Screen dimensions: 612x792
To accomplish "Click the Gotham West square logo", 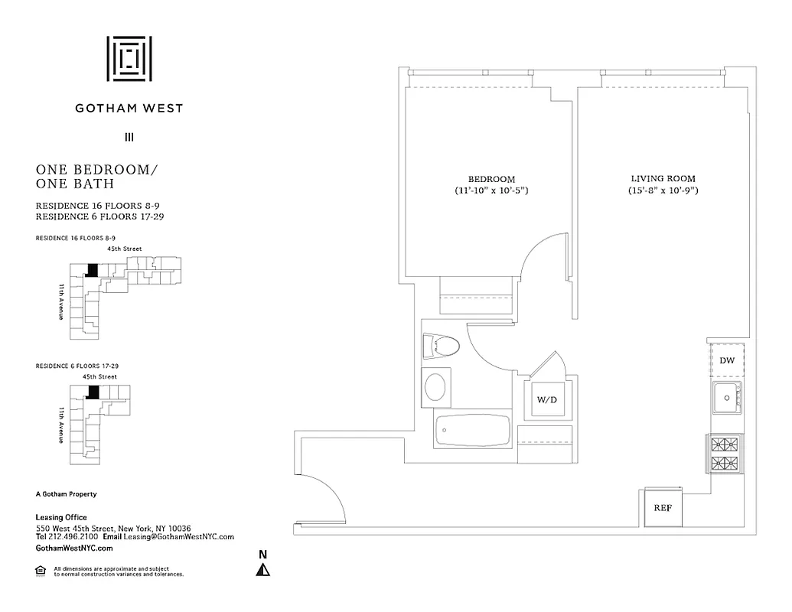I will (x=129, y=58).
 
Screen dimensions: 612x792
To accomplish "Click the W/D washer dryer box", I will (x=546, y=399).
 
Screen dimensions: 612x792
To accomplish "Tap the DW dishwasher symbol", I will (x=727, y=360).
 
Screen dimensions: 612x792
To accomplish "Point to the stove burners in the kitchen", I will (x=725, y=453).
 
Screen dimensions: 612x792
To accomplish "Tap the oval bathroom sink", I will (x=436, y=386).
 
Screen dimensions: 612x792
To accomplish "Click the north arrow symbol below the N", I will (x=262, y=570).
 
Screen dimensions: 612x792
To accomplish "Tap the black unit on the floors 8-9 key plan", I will (x=93, y=270).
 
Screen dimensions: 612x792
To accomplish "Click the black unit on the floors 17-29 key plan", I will (x=93, y=392).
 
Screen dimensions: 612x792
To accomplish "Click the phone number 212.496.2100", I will (x=68, y=537).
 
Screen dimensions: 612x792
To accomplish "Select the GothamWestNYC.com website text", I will (x=74, y=549).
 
